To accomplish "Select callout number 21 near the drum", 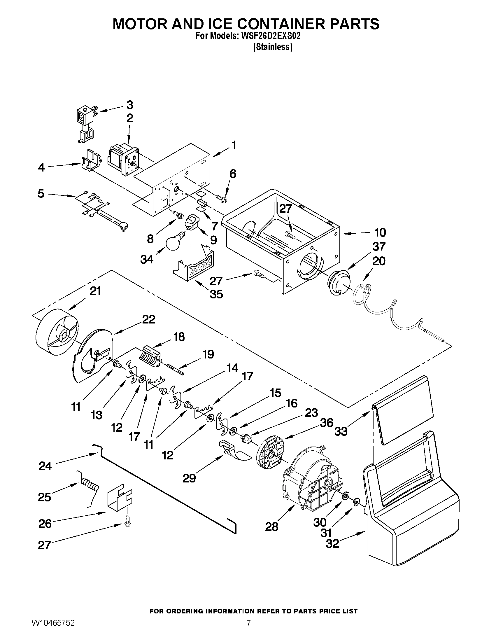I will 95,291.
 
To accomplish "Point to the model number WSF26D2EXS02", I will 271,36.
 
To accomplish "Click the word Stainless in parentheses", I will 273,47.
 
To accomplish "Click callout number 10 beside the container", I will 380,232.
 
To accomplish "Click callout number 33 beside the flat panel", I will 341,431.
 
